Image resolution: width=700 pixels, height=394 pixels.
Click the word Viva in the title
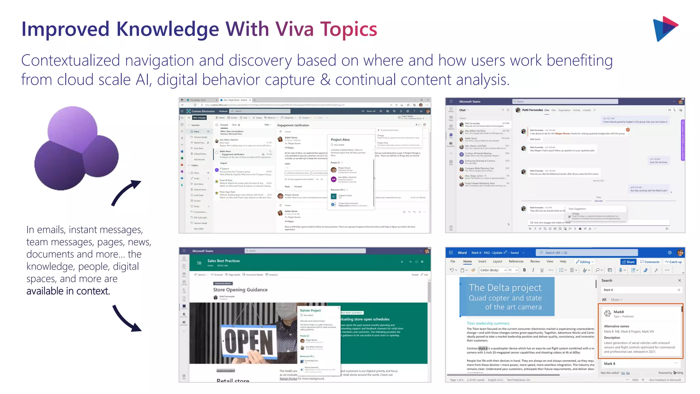point(294,29)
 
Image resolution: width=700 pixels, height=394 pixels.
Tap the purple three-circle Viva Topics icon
point(77,149)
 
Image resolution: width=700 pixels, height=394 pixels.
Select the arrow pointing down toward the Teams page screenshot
point(126,318)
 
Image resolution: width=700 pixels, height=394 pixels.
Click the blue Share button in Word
point(628,262)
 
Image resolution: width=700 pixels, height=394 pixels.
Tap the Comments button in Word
point(650,262)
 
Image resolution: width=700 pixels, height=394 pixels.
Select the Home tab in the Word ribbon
point(467,262)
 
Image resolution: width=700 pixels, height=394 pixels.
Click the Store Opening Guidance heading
point(240,290)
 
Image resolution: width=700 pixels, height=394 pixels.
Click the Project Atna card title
point(340,140)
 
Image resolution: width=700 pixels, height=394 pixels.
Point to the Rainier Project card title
point(310,311)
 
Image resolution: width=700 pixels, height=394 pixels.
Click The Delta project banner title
point(505,288)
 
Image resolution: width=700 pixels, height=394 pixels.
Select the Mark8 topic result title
point(619,312)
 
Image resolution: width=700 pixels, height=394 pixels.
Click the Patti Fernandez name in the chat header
point(532,110)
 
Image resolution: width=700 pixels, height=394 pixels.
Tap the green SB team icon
point(199,263)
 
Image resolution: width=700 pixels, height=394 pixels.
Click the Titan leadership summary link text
point(488,323)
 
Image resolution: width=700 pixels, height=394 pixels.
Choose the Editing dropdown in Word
point(585,262)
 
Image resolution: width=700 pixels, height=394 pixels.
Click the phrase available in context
point(68,291)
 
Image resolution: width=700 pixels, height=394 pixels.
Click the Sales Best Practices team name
point(224,261)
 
